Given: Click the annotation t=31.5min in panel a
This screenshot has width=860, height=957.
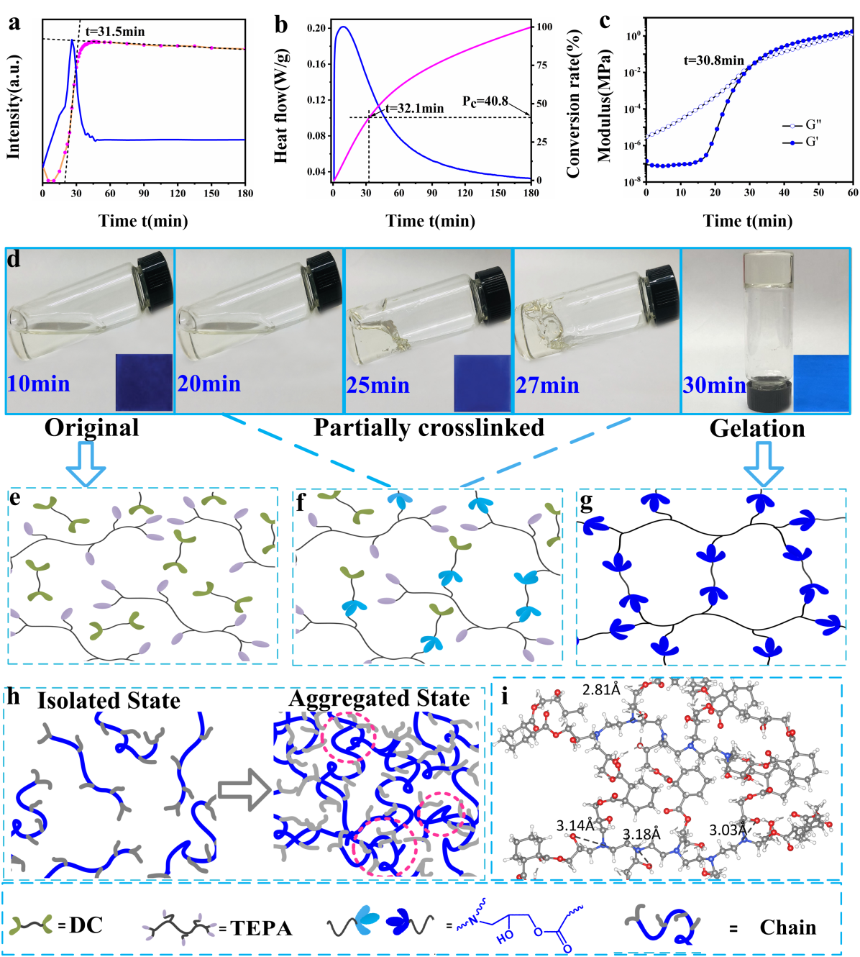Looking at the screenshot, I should [x=115, y=32].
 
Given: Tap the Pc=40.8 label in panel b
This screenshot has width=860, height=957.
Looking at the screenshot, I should [x=485, y=101].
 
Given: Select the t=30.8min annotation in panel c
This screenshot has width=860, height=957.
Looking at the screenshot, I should [x=713, y=60].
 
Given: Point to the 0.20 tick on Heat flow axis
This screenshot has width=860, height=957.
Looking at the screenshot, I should [x=316, y=28].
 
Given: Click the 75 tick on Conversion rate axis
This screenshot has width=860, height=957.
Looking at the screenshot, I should [x=541, y=65].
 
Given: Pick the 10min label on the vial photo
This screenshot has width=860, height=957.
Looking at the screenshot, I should [x=39, y=384].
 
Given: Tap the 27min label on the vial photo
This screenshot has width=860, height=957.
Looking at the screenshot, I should [x=547, y=386].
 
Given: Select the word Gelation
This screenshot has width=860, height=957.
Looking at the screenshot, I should [x=757, y=428].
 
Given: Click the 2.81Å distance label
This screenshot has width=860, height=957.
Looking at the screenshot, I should [x=601, y=689].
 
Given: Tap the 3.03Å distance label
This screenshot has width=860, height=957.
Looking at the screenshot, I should [x=728, y=830].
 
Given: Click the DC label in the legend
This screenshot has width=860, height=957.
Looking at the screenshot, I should [x=86, y=925].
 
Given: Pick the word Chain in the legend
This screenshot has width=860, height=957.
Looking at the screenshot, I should [x=787, y=927].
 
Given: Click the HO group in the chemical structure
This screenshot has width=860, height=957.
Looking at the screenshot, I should [x=505, y=937].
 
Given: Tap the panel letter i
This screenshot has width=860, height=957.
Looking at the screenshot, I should [x=505, y=696].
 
